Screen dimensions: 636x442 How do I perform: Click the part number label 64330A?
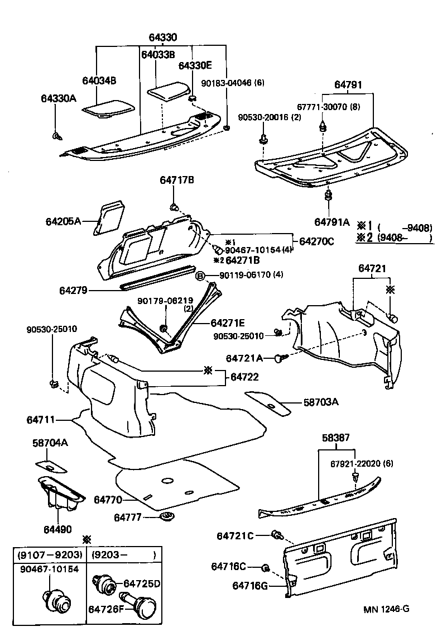[58, 98]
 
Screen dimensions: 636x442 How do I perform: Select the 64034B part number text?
[99, 80]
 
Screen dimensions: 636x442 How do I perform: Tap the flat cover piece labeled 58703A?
[267, 402]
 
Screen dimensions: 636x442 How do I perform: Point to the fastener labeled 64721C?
[276, 535]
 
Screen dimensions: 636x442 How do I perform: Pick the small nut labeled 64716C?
[266, 568]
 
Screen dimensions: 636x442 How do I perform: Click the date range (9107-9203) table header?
[50, 556]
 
